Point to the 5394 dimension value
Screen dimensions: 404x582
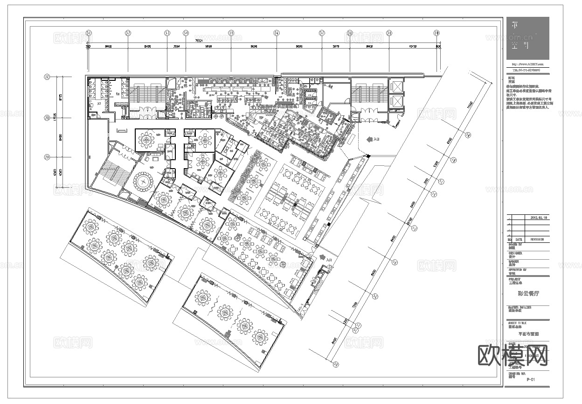(x=177, y=47)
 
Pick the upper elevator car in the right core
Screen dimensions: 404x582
(x=397, y=87)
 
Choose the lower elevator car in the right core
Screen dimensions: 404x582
(x=397, y=102)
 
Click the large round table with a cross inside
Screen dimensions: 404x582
(x=144, y=180)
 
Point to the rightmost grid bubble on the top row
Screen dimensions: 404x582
(x=436, y=33)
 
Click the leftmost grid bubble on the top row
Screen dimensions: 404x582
(x=88, y=33)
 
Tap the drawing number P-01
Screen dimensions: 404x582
(x=530, y=380)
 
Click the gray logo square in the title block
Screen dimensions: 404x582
(x=527, y=38)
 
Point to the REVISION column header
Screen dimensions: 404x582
(x=537, y=239)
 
